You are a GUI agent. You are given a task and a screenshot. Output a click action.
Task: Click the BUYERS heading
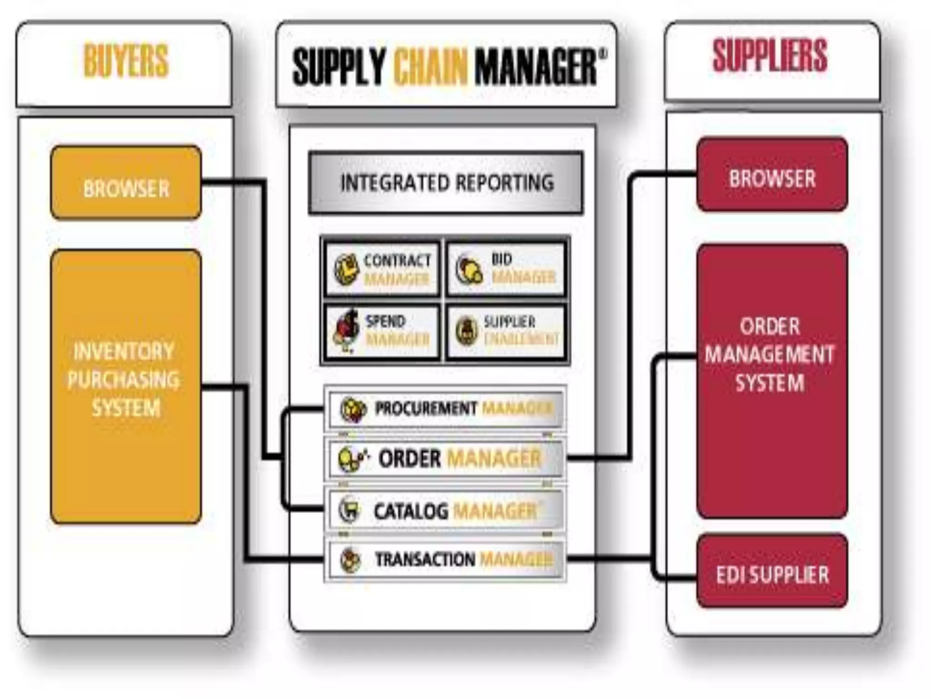(126, 61)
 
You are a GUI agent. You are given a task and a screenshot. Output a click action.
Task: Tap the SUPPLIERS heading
(770, 56)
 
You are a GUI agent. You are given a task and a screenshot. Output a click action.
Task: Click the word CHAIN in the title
(430, 67)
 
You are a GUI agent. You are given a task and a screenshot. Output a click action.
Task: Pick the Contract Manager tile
(382, 269)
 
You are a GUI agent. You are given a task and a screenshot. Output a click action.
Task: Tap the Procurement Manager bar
(445, 409)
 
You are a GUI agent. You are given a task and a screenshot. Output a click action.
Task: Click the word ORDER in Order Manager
(410, 458)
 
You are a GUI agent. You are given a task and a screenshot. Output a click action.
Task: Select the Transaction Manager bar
(445, 559)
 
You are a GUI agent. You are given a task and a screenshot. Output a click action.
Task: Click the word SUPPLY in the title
(339, 67)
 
